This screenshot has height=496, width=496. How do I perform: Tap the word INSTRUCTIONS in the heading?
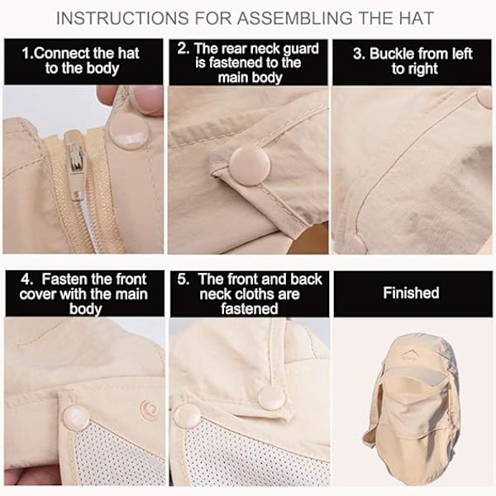tap(122, 18)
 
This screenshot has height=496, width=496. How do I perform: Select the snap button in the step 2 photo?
tap(250, 167)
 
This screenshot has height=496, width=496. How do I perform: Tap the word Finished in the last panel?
tap(411, 293)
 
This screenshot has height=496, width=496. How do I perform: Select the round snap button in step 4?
tap(74, 417)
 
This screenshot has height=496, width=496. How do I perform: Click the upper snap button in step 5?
tap(271, 398)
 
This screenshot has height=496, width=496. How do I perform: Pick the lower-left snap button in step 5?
tap(187, 416)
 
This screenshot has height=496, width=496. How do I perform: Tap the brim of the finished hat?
tap(414, 376)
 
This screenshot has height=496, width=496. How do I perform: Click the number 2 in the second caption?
tap(181, 49)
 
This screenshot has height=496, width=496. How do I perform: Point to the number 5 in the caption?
tap(182, 279)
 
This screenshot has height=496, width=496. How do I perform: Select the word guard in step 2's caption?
tap(301, 50)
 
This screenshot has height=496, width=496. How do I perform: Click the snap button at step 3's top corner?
tap(486, 98)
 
